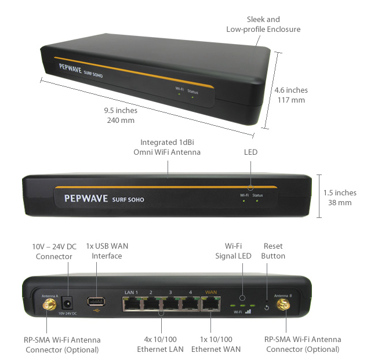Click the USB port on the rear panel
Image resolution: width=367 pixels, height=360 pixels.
(96, 301)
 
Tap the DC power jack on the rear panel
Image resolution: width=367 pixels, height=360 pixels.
(68, 301)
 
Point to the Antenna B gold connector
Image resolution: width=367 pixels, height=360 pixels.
(284, 303)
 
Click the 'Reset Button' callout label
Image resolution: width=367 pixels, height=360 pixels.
(274, 251)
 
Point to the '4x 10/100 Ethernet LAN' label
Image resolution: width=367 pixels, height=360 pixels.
(160, 344)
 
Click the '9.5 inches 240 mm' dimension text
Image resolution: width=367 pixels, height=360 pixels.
(121, 115)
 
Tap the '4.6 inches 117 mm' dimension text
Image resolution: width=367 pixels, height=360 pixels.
(292, 95)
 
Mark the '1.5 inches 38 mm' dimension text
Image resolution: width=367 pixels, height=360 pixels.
(340, 198)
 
